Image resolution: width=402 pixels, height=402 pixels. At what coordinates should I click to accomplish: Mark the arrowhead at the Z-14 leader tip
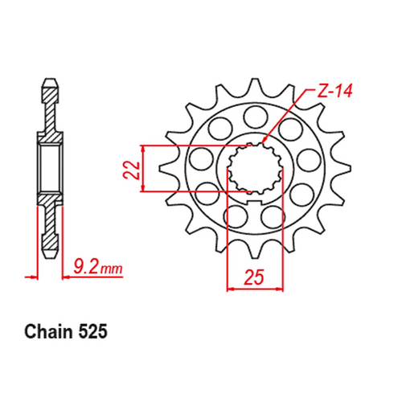pyautogui.click(x=266, y=142)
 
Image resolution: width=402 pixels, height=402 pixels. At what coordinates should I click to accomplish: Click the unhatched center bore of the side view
pyautogui.click(x=51, y=165)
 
